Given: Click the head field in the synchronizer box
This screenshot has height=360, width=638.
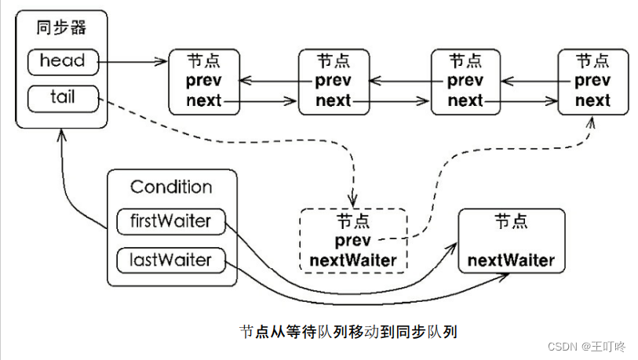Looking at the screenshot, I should pos(61,60).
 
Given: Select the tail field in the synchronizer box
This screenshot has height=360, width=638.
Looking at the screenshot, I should pos(61,98).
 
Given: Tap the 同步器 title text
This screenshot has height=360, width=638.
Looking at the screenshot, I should pos(61,28).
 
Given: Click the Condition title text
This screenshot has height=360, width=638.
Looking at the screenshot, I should pos(171,187).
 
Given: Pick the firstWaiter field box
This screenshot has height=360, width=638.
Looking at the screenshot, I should pos(170,221).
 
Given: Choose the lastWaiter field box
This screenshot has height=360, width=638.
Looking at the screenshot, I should pos(170,259).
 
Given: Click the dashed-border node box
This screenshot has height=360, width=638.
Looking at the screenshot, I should pos(353,240).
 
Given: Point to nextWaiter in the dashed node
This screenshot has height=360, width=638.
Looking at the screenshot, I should pos(353,260).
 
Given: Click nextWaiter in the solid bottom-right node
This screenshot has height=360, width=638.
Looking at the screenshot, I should pos(511,260).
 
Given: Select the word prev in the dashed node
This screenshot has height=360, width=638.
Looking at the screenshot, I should pos(352,242).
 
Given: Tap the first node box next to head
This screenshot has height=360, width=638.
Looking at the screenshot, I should pos(204,82).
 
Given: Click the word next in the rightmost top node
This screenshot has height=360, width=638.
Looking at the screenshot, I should pos(592,100).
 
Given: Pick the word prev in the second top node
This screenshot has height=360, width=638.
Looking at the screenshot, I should pos(334,81).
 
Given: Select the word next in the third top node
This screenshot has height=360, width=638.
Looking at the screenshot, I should pos(465,100).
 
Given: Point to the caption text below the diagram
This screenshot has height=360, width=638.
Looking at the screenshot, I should pos(348,331).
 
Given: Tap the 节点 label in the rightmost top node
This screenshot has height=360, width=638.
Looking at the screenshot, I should pos(592,61).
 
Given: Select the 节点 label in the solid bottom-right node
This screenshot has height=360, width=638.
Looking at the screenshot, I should pos(511,222).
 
